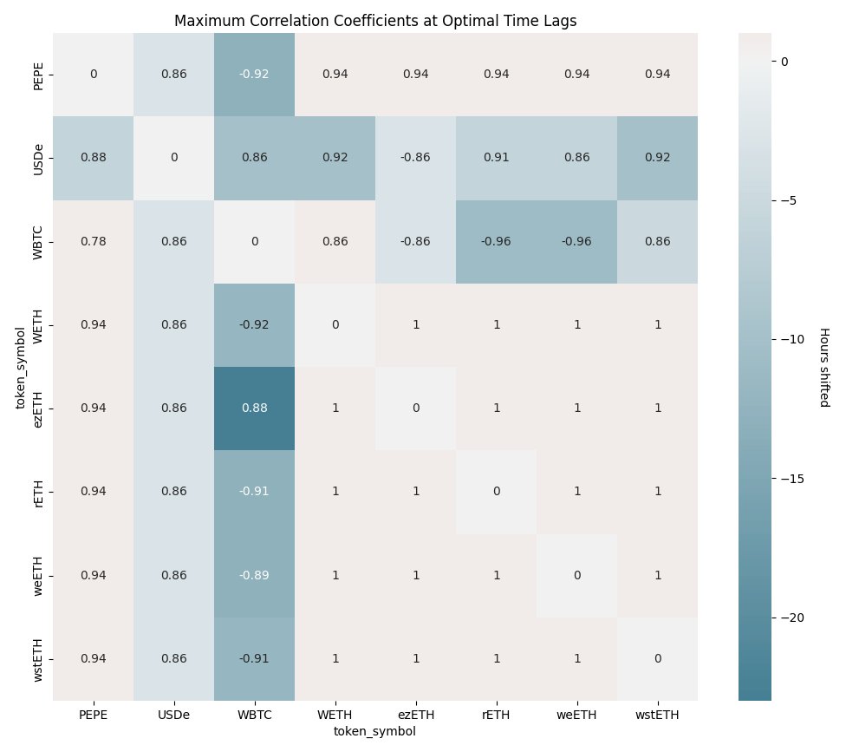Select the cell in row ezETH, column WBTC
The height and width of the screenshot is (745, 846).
click(255, 408)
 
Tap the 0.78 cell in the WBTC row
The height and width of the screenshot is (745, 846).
click(94, 241)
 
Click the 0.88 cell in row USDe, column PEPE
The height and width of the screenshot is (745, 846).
click(94, 158)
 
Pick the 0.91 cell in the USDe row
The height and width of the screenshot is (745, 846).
click(497, 158)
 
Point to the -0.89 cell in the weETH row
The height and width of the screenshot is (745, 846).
click(255, 575)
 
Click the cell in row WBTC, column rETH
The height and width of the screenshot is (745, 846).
click(497, 241)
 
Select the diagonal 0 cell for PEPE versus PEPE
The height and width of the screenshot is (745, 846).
click(94, 75)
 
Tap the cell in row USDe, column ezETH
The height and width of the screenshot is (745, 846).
click(416, 158)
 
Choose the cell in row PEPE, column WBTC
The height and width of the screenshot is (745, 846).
click(255, 75)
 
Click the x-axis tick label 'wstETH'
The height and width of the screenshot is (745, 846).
click(658, 715)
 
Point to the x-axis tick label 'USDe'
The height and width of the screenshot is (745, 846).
click(174, 715)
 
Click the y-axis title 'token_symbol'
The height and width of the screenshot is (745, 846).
click(20, 366)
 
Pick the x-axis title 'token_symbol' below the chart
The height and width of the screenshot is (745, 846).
click(375, 731)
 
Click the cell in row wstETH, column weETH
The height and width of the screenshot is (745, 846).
click(577, 659)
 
